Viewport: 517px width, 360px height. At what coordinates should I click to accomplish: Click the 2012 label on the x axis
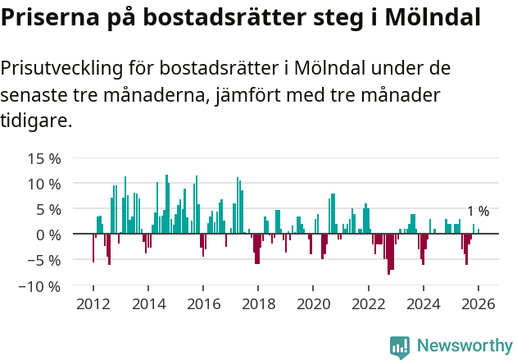[x=93, y=303]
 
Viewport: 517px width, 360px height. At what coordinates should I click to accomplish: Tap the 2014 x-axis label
[x=147, y=303]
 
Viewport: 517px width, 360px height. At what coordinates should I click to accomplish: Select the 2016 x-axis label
[x=202, y=303]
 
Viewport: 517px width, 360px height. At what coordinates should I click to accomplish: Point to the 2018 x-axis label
[x=258, y=303]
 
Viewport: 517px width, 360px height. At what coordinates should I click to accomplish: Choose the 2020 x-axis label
[x=313, y=303]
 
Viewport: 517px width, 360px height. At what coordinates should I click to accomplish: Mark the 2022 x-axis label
[x=368, y=303]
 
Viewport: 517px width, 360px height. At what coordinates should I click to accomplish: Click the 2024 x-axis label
[x=424, y=303]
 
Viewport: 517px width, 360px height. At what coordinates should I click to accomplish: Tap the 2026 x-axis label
[x=478, y=303]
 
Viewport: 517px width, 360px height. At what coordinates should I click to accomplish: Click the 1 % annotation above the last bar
[x=478, y=212]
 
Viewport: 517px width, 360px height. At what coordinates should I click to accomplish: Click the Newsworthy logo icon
[x=400, y=346]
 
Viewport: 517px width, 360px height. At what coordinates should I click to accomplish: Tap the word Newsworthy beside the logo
[x=465, y=346]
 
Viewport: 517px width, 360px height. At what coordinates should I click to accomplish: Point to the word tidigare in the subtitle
[x=35, y=121]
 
